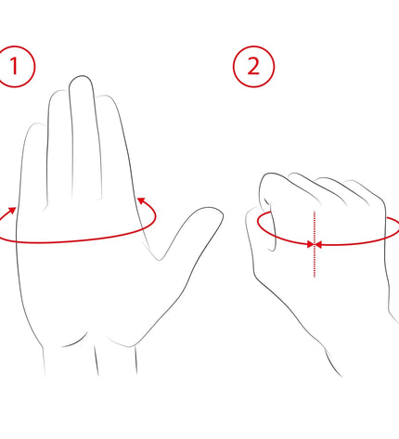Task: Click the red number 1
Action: point(14,66)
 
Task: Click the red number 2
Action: point(253,66)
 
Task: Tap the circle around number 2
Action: point(253,46)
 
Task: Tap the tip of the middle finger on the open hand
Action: point(81,76)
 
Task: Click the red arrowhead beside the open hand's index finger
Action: point(141,201)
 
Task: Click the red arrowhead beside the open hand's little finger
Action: point(12,211)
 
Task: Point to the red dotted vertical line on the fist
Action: point(315,244)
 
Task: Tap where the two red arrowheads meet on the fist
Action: point(315,245)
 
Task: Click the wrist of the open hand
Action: point(90,359)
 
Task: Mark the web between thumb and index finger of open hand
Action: point(160,259)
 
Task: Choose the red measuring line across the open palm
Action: point(77,240)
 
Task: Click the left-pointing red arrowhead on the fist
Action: point(318,245)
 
